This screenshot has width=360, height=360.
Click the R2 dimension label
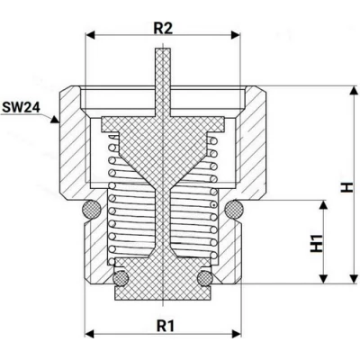pyautogui.click(x=163, y=29)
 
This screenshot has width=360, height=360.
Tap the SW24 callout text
pyautogui.click(x=21, y=107)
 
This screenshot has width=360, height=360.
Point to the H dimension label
pyautogui.click(x=347, y=187)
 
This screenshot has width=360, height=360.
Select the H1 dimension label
pyautogui.click(x=317, y=243)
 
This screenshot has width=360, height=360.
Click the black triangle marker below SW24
pyautogui.click(x=54, y=119)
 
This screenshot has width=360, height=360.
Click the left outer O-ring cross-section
pyautogui.click(x=92, y=209)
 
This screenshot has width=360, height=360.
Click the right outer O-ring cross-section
pyautogui.click(x=234, y=209)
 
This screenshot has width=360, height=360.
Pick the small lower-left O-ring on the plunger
pyautogui.click(x=121, y=278)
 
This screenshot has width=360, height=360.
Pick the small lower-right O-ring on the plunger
pyautogui.click(x=205, y=278)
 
